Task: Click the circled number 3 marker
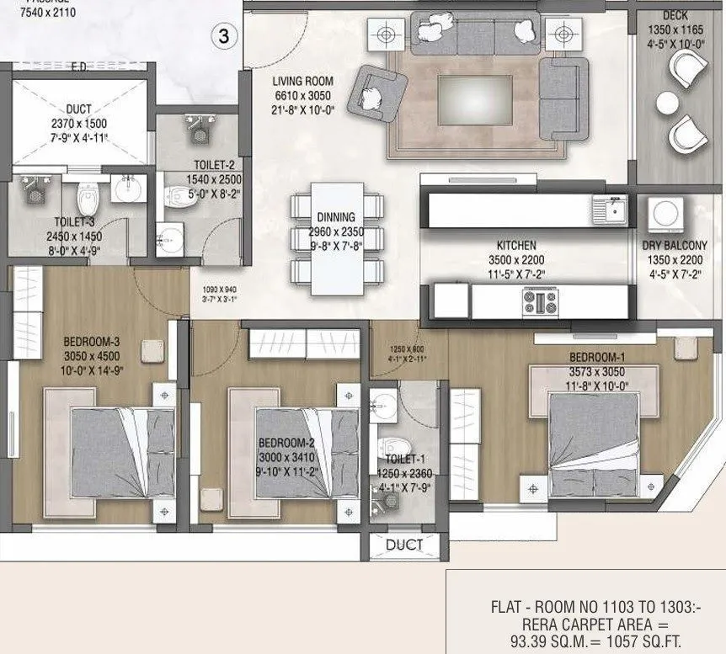point(223,36)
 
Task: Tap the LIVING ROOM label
point(307,82)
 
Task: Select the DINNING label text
point(336,217)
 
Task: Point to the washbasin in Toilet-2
point(170,241)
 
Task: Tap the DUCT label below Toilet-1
point(404,545)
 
